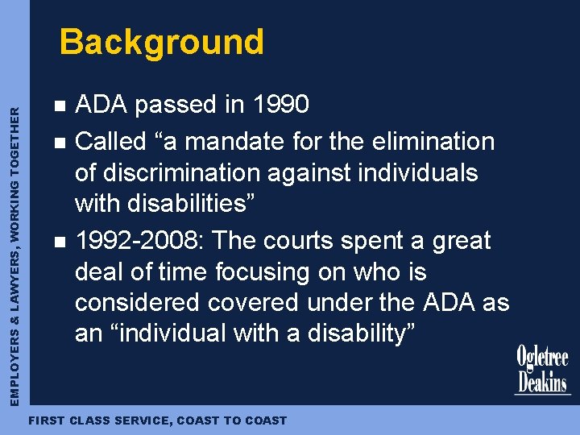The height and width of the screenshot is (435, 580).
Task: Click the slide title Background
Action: coord(161,42)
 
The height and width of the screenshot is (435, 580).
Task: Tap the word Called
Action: coord(109,142)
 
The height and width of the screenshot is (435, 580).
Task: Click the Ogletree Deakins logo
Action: coord(542,370)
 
